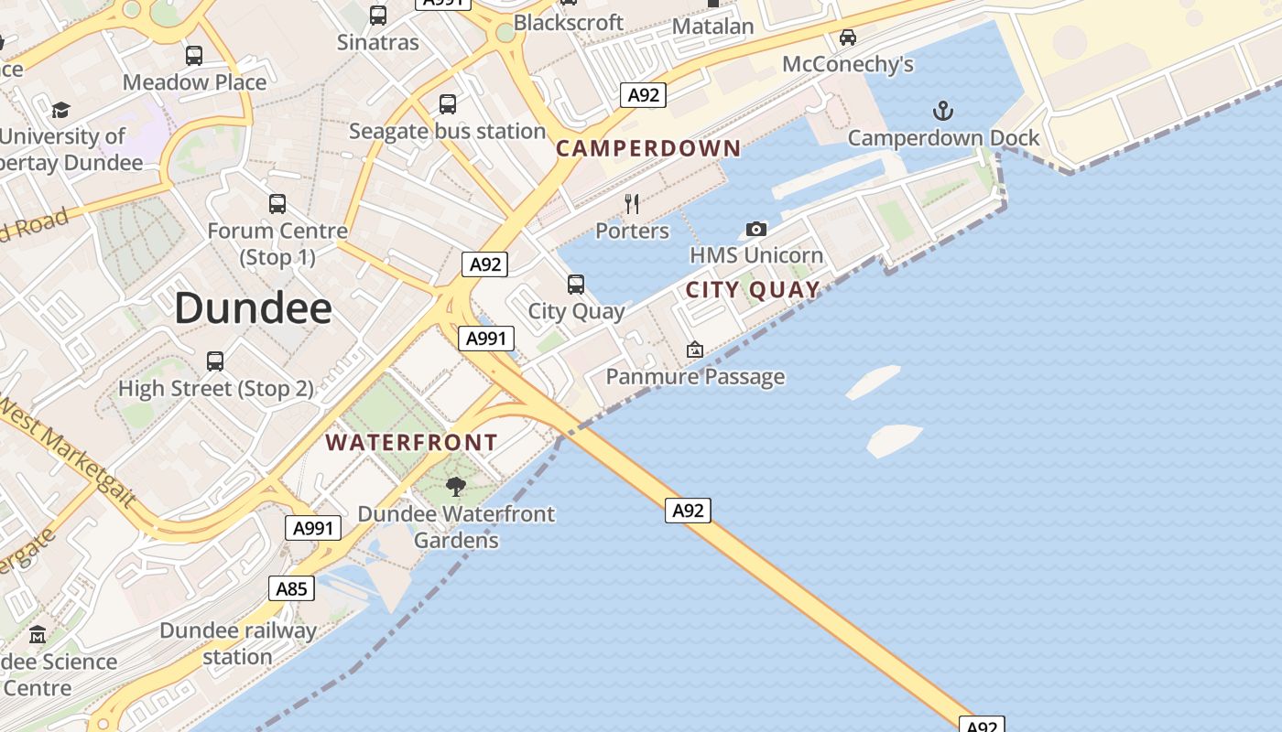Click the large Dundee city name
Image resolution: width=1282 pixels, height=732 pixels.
[253, 308]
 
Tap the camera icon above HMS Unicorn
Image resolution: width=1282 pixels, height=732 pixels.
[755, 229]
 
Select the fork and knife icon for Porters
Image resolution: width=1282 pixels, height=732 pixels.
[631, 203]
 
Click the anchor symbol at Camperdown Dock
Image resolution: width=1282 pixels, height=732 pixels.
[942, 112]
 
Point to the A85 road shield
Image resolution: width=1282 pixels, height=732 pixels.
[291, 588]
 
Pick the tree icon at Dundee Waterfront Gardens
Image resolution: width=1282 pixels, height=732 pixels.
[455, 487]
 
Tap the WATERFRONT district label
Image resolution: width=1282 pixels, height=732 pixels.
[411, 443]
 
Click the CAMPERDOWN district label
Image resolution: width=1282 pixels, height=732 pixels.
[648, 148]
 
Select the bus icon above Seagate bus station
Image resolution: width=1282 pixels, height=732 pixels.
[447, 104]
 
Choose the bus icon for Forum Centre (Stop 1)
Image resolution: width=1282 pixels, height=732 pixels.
[277, 204]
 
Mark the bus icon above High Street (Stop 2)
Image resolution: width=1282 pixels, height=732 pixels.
[215, 361]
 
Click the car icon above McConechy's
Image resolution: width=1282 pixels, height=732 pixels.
[848, 38]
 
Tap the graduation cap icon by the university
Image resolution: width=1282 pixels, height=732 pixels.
[60, 110]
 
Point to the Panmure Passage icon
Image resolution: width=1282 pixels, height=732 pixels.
[695, 350]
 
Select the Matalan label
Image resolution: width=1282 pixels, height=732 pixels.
[712, 27]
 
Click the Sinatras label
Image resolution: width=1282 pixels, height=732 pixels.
[377, 42]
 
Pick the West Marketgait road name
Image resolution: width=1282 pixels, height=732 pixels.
[69, 453]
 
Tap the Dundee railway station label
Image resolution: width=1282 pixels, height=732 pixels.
[237, 643]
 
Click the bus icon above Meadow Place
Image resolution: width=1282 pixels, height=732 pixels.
[194, 56]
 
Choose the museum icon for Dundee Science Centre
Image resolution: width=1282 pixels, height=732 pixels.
[38, 634]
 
